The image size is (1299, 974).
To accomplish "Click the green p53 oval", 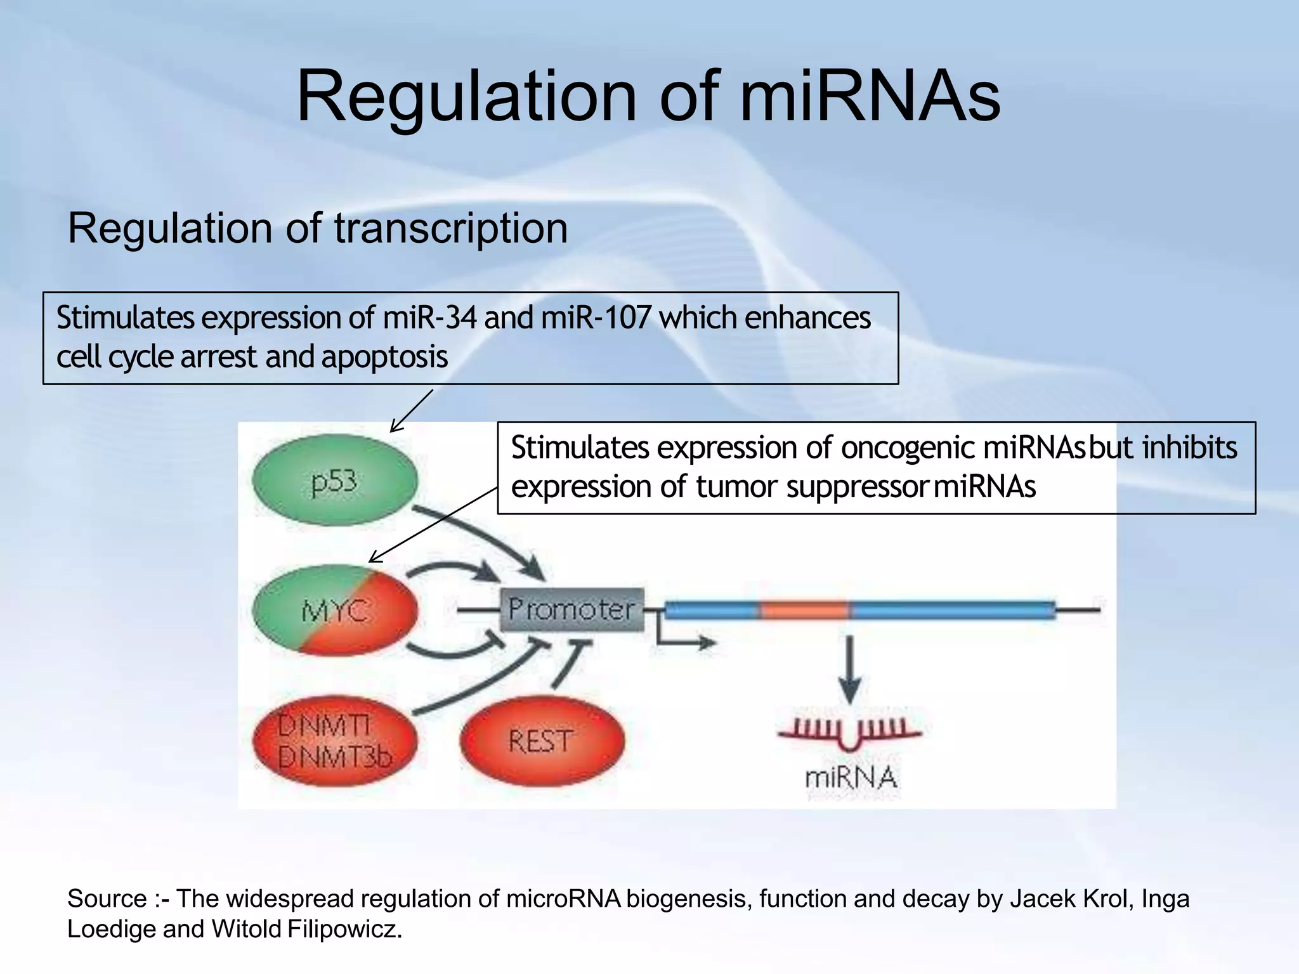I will pyautogui.click(x=334, y=481).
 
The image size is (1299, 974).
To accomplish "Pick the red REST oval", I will pyautogui.click(x=541, y=741).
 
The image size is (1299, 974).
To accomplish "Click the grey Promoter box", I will pyautogui.click(x=571, y=609).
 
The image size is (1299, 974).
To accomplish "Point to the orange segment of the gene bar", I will pyautogui.click(x=804, y=610).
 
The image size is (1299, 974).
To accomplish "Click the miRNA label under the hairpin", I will pyautogui.click(x=851, y=777).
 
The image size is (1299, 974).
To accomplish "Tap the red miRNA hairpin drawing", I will pyautogui.click(x=850, y=736).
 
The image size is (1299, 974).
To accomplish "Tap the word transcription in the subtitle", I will pyautogui.click(x=450, y=228).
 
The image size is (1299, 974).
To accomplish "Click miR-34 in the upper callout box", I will pyautogui.click(x=429, y=318).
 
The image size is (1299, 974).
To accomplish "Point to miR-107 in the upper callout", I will pyautogui.click(x=596, y=318).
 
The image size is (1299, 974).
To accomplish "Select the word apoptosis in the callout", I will pyautogui.click(x=384, y=357).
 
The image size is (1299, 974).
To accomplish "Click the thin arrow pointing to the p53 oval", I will pyautogui.click(x=411, y=411).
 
